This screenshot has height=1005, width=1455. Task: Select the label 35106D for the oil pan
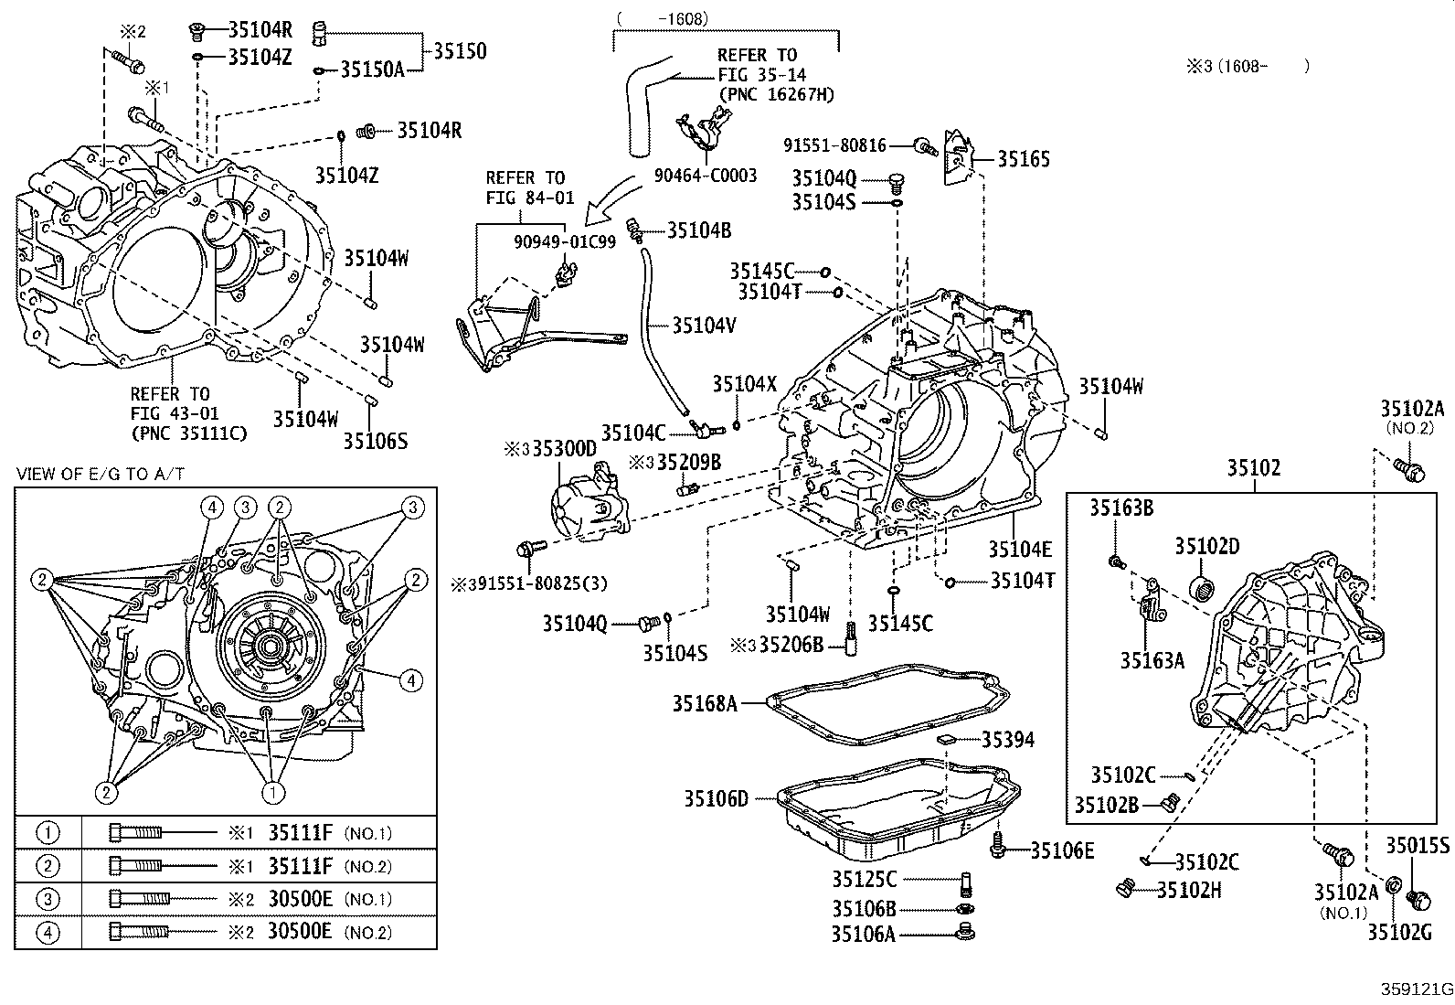click(x=716, y=798)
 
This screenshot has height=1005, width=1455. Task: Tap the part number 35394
click(x=1008, y=739)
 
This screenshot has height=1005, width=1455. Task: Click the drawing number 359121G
click(x=1416, y=989)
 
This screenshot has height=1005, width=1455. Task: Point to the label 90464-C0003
click(x=705, y=176)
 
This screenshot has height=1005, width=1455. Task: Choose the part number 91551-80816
click(x=834, y=144)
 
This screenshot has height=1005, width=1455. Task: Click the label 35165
click(x=1023, y=159)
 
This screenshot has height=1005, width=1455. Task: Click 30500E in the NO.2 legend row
click(x=301, y=932)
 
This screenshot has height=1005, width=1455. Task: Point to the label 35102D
click(x=1206, y=546)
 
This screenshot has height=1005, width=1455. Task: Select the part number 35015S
click(x=1418, y=845)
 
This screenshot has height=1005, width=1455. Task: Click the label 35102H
click(x=1189, y=890)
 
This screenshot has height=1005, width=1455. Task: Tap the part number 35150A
click(x=372, y=69)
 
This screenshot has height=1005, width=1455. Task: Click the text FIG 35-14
click(x=761, y=74)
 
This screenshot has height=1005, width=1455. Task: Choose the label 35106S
click(x=375, y=441)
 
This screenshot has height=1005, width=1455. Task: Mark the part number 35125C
click(x=864, y=879)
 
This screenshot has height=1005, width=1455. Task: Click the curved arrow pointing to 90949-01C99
click(x=613, y=198)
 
